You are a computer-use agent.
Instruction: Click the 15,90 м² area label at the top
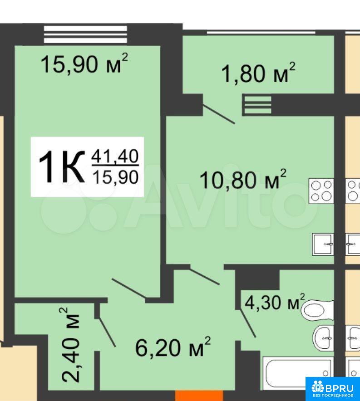point(84,64)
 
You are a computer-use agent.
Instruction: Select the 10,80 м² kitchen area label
point(242,179)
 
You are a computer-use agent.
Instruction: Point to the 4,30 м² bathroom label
point(275,302)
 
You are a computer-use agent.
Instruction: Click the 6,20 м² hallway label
point(173,347)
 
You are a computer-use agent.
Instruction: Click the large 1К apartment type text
point(62,167)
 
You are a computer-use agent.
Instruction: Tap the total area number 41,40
point(115,156)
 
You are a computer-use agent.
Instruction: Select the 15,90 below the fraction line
point(115,177)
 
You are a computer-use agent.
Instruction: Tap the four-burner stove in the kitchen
point(321,191)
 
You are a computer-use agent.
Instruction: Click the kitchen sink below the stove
point(323,244)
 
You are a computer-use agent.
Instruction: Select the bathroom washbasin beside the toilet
point(324,338)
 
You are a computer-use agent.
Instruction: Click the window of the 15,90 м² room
point(85,34)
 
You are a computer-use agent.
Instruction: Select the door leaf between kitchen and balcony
point(219,114)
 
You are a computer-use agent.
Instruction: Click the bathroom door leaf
point(248,323)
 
